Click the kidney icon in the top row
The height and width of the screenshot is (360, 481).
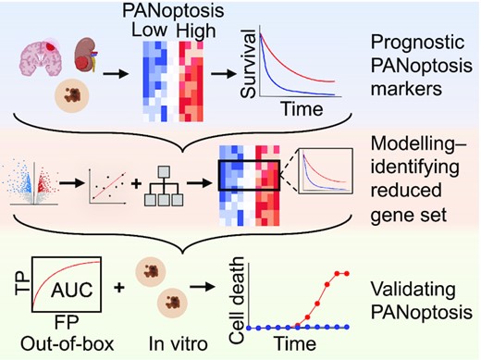coord(93,53)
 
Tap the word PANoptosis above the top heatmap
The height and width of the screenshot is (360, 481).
coord(177,10)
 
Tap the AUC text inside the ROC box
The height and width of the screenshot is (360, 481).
coord(70,288)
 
